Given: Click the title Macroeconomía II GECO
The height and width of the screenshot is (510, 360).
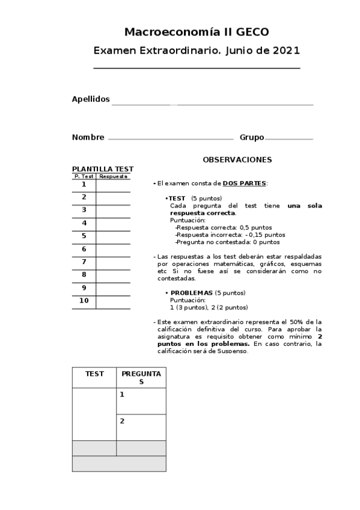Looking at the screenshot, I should coord(197,32).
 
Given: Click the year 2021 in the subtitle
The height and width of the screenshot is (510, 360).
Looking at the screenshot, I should coord(286,51).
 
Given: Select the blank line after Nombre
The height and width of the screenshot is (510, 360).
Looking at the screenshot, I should coord(170,138).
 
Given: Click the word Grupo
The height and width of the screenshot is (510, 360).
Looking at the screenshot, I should coord(252,137).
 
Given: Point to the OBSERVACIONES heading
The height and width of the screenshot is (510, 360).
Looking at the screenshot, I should coord(237,159).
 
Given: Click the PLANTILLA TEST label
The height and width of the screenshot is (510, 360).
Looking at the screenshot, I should coord(103,169).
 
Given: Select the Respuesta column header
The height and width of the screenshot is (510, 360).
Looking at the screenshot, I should coord(114,177).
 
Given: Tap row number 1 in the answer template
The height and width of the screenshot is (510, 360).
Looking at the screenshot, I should coord(84,185).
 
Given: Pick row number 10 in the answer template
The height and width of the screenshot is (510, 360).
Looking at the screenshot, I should coord(84,300).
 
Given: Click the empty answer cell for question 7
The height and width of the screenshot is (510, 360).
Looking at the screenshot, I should coord(113,262).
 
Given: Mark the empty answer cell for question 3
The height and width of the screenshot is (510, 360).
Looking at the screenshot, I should coord(113,210).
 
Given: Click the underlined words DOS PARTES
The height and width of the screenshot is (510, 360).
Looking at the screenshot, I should coord(245,183).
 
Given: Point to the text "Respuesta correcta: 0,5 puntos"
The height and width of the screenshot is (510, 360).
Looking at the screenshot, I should coord(224,227).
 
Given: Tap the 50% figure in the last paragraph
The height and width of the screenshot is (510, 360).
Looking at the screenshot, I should coord(301,322).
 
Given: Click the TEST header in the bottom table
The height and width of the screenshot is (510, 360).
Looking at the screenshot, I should coord(94,373).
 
